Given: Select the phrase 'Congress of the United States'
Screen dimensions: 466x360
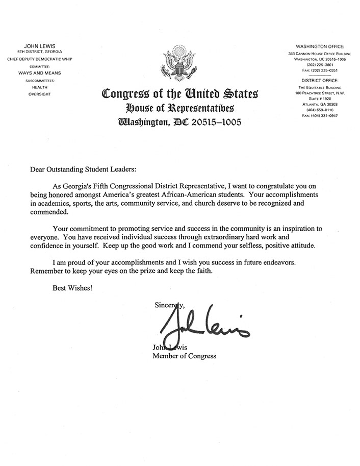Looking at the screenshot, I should tap(180, 94).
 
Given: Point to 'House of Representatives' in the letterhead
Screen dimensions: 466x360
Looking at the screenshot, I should tap(180, 108).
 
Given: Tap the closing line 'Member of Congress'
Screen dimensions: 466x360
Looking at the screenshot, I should tap(184, 356).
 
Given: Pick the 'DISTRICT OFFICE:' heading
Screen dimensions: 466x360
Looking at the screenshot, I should tap(319, 81).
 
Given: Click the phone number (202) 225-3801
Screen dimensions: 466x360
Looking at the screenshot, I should tap(319, 65).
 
